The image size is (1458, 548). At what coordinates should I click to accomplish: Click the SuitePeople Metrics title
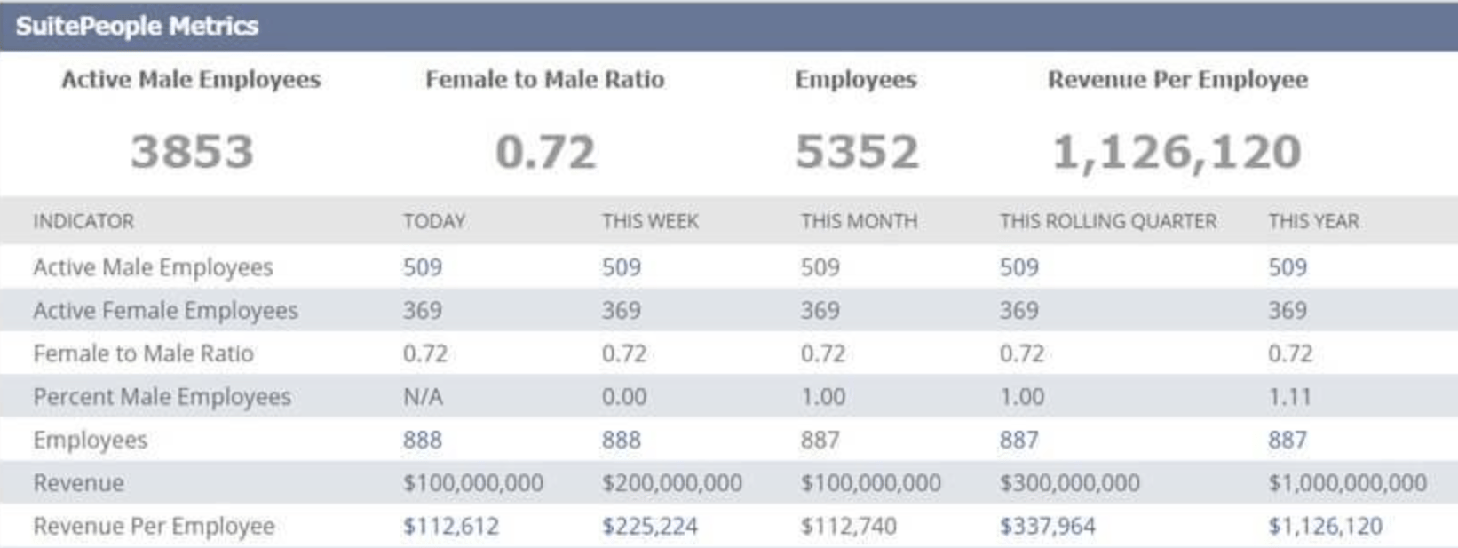[x=137, y=26]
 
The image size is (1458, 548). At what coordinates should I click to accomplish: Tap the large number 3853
[x=192, y=151]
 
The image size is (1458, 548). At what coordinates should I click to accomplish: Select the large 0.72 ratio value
[x=545, y=151]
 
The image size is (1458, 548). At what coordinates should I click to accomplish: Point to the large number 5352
[x=857, y=151]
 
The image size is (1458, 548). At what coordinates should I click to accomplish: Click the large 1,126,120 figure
[x=1177, y=152]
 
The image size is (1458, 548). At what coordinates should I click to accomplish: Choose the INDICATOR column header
[x=83, y=221]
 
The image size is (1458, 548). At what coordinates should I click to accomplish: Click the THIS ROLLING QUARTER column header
[x=1108, y=221]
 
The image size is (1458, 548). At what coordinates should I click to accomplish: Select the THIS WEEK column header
[x=650, y=221]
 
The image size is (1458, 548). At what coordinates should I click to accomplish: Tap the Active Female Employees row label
[x=165, y=311]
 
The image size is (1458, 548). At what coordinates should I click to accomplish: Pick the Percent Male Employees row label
[x=162, y=397]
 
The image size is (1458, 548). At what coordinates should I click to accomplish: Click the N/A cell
[x=423, y=397]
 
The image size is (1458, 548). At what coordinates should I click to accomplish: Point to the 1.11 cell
[x=1289, y=397]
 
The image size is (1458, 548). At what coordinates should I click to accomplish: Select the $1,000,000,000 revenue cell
[x=1347, y=483]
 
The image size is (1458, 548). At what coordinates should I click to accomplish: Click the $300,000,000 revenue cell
[x=1069, y=483]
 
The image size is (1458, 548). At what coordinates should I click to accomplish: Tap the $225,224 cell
[x=650, y=527]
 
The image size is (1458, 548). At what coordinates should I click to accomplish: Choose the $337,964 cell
[x=1048, y=527]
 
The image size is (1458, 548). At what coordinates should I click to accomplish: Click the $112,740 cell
[x=849, y=527]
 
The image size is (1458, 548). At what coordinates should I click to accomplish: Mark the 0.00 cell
[x=624, y=397]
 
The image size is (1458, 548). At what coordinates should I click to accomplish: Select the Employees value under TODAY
[x=423, y=441]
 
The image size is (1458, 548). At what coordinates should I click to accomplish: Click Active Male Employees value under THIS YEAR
[x=1288, y=267]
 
